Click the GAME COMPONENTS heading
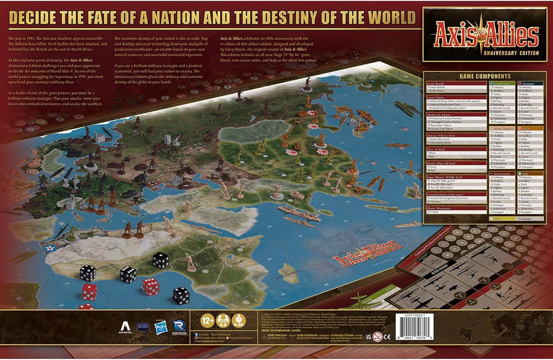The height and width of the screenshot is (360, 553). point(485,76)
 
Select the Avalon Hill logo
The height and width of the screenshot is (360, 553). point(125,327)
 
